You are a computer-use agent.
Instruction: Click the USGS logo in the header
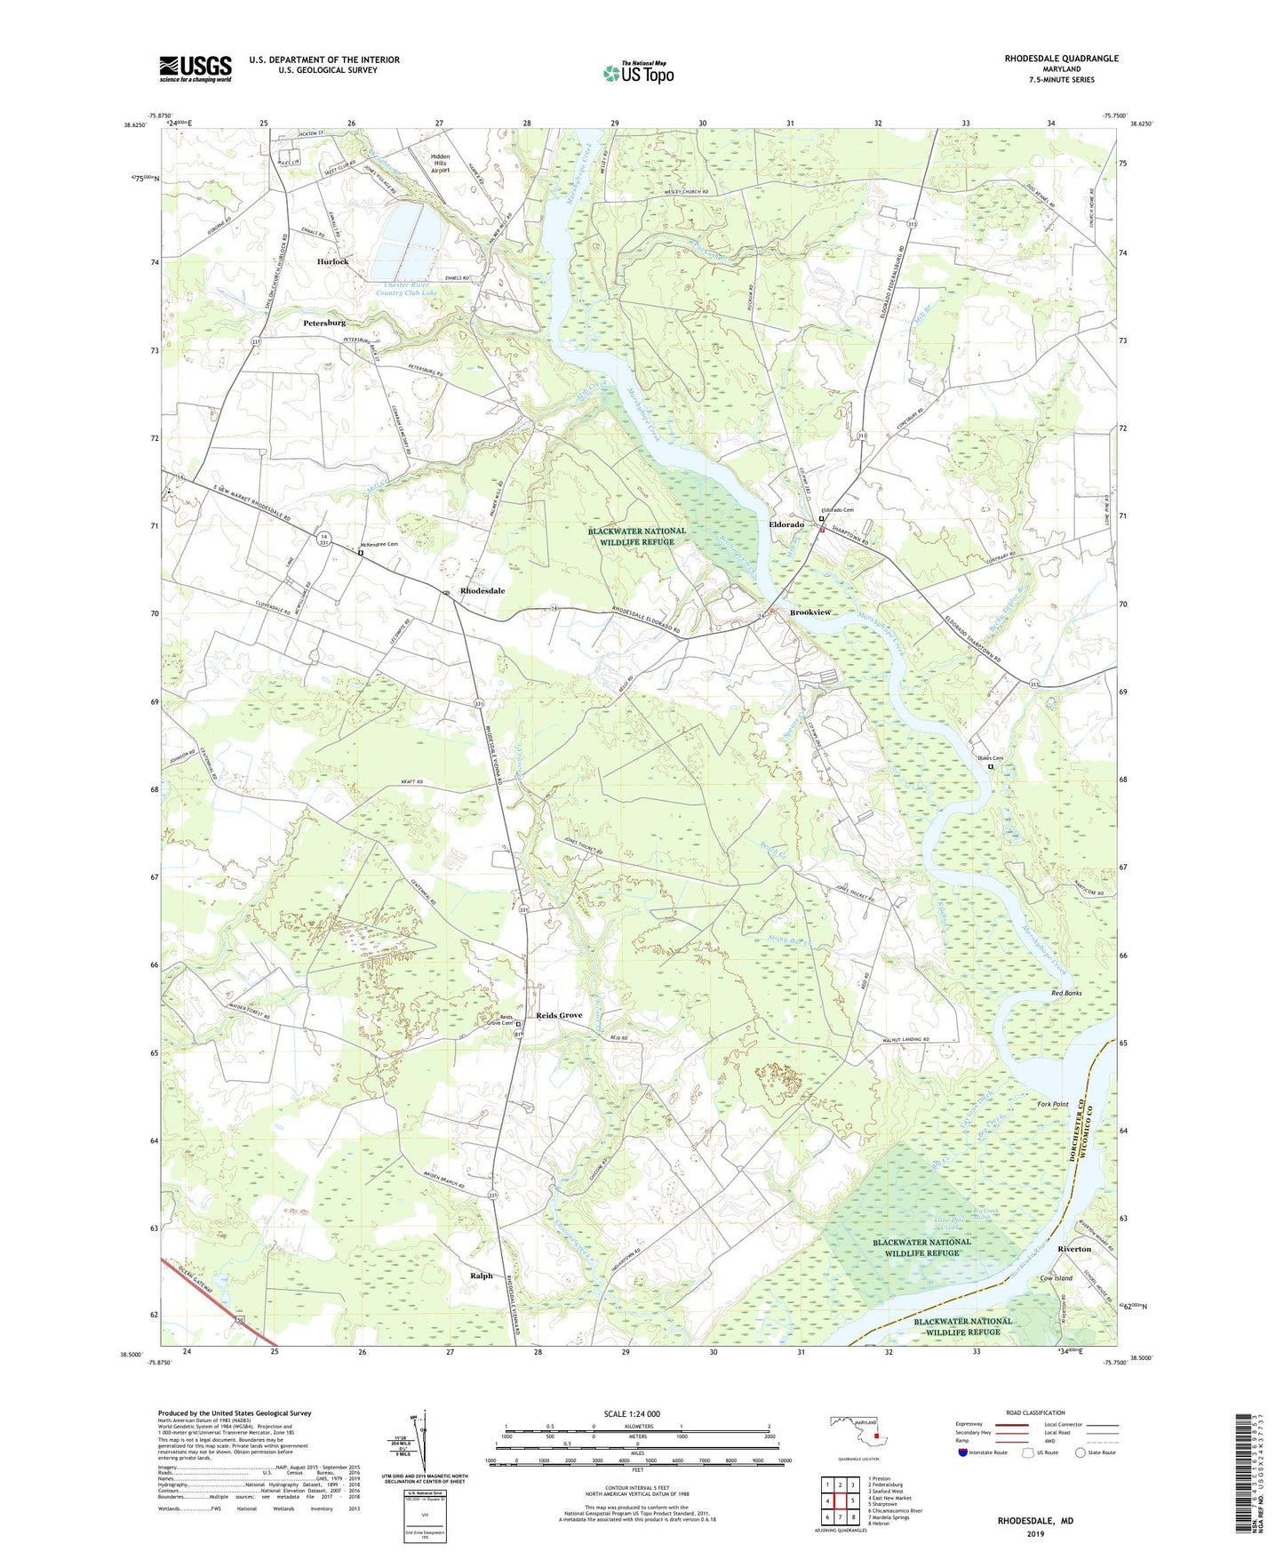(195, 68)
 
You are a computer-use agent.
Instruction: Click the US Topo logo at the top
(638, 73)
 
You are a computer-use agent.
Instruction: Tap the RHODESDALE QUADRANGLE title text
(1049, 59)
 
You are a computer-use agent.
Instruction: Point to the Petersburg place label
(323, 323)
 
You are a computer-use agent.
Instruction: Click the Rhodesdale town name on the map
(482, 591)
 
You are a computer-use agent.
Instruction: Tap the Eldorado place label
(786, 525)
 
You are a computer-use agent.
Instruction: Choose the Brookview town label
(810, 613)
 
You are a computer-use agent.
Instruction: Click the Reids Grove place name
(559, 1015)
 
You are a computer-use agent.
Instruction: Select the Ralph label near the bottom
(481, 1276)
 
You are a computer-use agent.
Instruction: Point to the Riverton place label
(1073, 1249)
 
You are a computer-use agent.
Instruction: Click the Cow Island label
(1057, 1278)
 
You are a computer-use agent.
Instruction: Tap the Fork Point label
(1053, 1104)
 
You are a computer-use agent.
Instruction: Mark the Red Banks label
(1066, 993)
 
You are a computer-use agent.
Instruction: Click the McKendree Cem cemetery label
(379, 545)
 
